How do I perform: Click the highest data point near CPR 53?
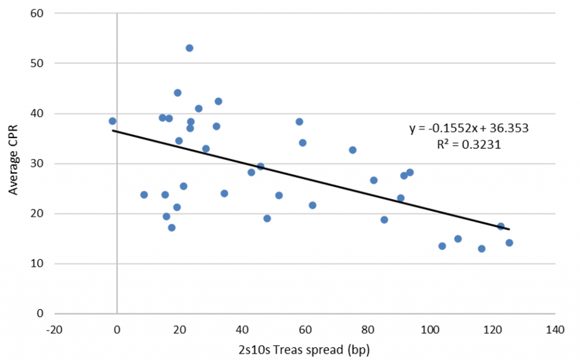189,48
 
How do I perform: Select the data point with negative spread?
112,121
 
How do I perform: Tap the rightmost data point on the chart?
509,243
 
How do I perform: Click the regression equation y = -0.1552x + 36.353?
469,128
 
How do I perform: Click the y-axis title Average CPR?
12,163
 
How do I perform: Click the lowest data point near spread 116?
481,248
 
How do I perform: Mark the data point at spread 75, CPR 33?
352,150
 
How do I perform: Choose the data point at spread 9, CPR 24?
144,195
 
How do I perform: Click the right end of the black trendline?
509,229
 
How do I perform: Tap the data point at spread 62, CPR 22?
312,205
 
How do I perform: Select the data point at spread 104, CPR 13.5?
442,246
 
